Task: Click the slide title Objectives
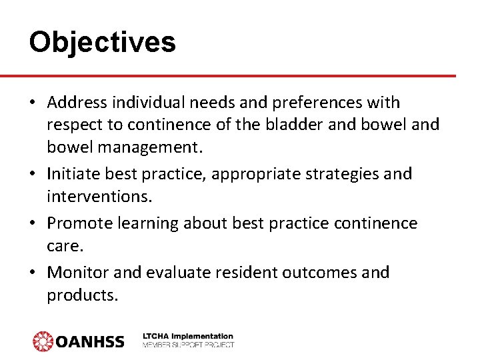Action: pos(102,42)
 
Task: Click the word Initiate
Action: pos(73,174)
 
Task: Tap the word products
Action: pos(82,295)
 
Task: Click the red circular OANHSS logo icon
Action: pos(43,341)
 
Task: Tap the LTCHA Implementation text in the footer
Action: pos(188,337)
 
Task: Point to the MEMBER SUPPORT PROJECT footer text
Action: pos(188,345)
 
